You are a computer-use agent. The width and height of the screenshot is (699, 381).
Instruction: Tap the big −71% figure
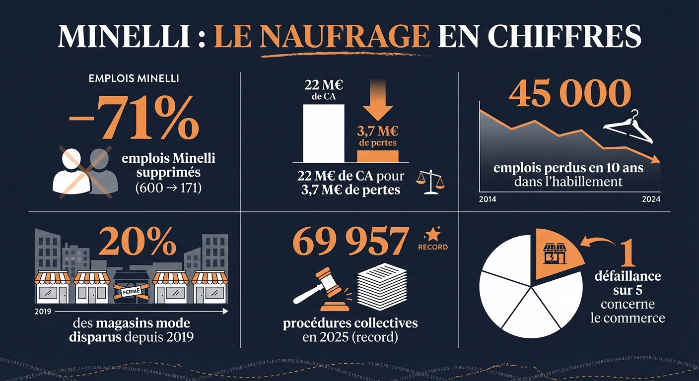(134, 119)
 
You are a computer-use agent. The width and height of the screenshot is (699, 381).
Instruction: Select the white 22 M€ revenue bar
(323, 133)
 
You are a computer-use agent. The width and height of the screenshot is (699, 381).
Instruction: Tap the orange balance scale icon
(429, 181)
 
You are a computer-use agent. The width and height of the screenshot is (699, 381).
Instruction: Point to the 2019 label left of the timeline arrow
(44, 312)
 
